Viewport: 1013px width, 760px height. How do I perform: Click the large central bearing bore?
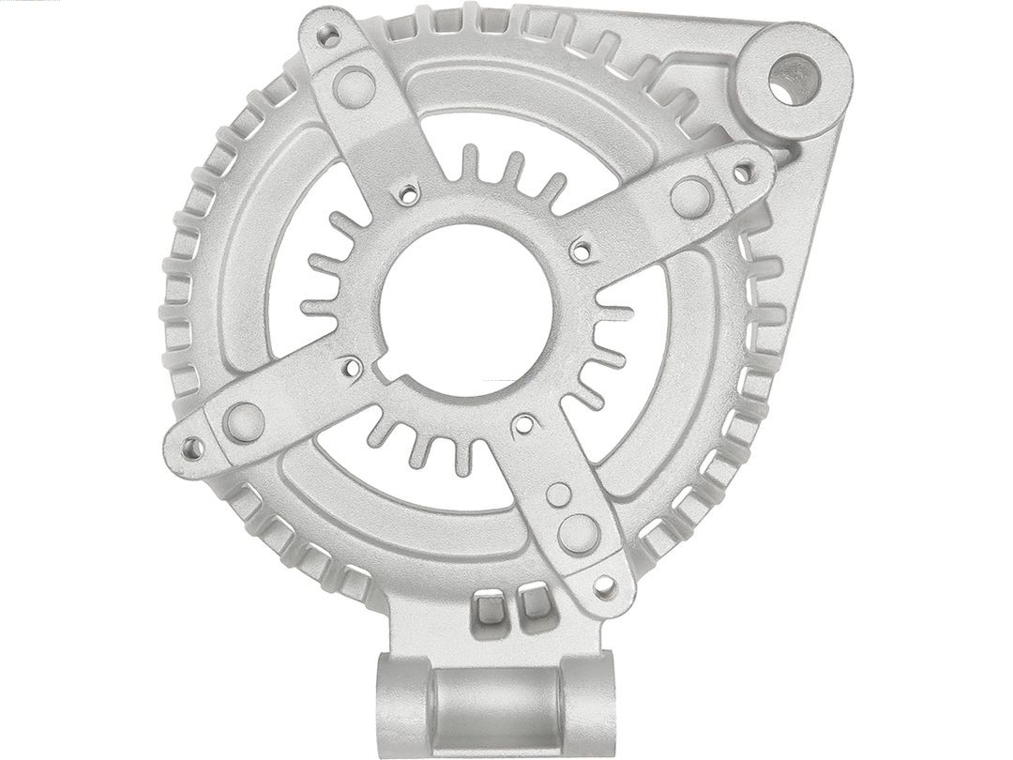click(465, 310)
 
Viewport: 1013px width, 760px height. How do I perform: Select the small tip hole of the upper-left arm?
click(328, 37)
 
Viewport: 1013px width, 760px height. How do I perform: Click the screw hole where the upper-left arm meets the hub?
click(408, 194)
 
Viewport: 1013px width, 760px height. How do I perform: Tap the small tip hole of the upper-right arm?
click(743, 172)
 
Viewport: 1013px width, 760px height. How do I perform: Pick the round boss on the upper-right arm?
click(691, 197)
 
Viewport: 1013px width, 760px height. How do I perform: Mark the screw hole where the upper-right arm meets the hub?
click(582, 251)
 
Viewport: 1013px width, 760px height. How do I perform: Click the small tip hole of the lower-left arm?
click(191, 448)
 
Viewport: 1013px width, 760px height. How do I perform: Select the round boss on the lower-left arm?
click(244, 422)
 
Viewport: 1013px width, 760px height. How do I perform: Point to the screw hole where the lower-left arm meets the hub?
click(353, 368)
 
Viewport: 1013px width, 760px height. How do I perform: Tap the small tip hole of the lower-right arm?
click(605, 587)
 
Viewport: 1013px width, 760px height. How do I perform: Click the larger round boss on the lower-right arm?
click(579, 534)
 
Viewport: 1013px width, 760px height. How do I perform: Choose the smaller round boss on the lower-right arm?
click(559, 494)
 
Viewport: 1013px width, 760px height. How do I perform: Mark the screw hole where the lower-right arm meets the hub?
click(524, 425)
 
